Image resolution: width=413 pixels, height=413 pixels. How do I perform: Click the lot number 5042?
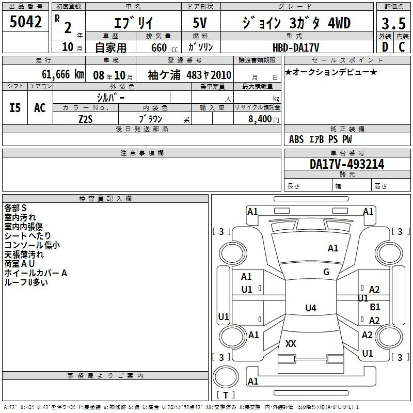click(x=25, y=22)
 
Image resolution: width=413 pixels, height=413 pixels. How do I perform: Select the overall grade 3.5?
click(x=393, y=24)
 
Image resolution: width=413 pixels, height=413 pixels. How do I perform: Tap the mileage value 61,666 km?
click(x=63, y=74)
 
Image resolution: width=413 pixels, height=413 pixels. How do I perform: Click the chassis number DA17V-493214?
click(x=347, y=164)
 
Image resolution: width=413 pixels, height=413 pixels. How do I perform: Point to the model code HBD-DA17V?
click(x=296, y=47)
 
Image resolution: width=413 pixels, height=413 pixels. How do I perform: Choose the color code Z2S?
click(x=86, y=119)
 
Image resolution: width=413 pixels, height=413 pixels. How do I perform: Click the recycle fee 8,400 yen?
click(x=264, y=119)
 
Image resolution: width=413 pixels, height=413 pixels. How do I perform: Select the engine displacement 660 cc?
click(x=164, y=47)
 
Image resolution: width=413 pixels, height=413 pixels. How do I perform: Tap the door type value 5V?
click(x=200, y=23)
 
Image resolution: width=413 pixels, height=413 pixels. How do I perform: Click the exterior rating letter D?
click(x=385, y=47)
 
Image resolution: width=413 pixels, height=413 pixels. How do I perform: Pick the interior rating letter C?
click(x=402, y=47)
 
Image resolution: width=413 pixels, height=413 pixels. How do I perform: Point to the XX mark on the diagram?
click(x=291, y=343)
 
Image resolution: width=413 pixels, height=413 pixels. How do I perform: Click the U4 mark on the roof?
click(x=311, y=308)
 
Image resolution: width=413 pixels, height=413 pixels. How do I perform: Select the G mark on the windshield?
click(x=326, y=272)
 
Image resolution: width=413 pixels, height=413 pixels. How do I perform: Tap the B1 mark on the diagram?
click(x=375, y=307)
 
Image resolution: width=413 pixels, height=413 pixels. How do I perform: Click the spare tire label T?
click(x=226, y=395)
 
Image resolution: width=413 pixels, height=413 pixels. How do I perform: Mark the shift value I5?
click(x=15, y=108)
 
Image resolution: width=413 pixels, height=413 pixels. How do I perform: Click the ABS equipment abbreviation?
click(x=296, y=139)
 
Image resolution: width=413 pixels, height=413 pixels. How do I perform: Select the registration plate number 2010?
click(x=221, y=75)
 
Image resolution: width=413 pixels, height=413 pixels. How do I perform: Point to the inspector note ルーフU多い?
click(x=26, y=282)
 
